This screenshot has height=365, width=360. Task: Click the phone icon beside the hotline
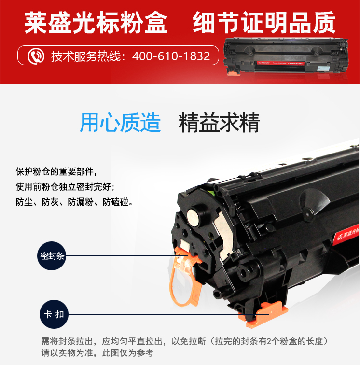36,56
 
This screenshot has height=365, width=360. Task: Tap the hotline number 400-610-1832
171,56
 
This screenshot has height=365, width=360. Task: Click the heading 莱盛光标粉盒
96,23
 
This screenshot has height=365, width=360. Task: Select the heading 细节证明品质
264,22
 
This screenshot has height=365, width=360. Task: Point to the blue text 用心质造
120,123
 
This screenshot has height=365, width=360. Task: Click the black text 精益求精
219,123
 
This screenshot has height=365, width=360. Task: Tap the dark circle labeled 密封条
52,256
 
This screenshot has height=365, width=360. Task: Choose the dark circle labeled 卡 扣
54,314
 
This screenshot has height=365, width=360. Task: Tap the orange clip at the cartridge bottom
263,314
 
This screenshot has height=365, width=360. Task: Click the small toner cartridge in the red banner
286,56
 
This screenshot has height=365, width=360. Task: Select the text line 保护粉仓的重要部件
56,171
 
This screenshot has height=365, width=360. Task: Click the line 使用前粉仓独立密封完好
65,187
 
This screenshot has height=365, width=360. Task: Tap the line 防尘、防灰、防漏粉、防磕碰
74,202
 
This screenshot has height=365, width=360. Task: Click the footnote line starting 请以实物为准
97,353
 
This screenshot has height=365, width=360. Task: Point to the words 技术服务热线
86,56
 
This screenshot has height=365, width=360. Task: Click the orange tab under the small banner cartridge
234,73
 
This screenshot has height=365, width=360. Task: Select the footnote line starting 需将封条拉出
185,341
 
